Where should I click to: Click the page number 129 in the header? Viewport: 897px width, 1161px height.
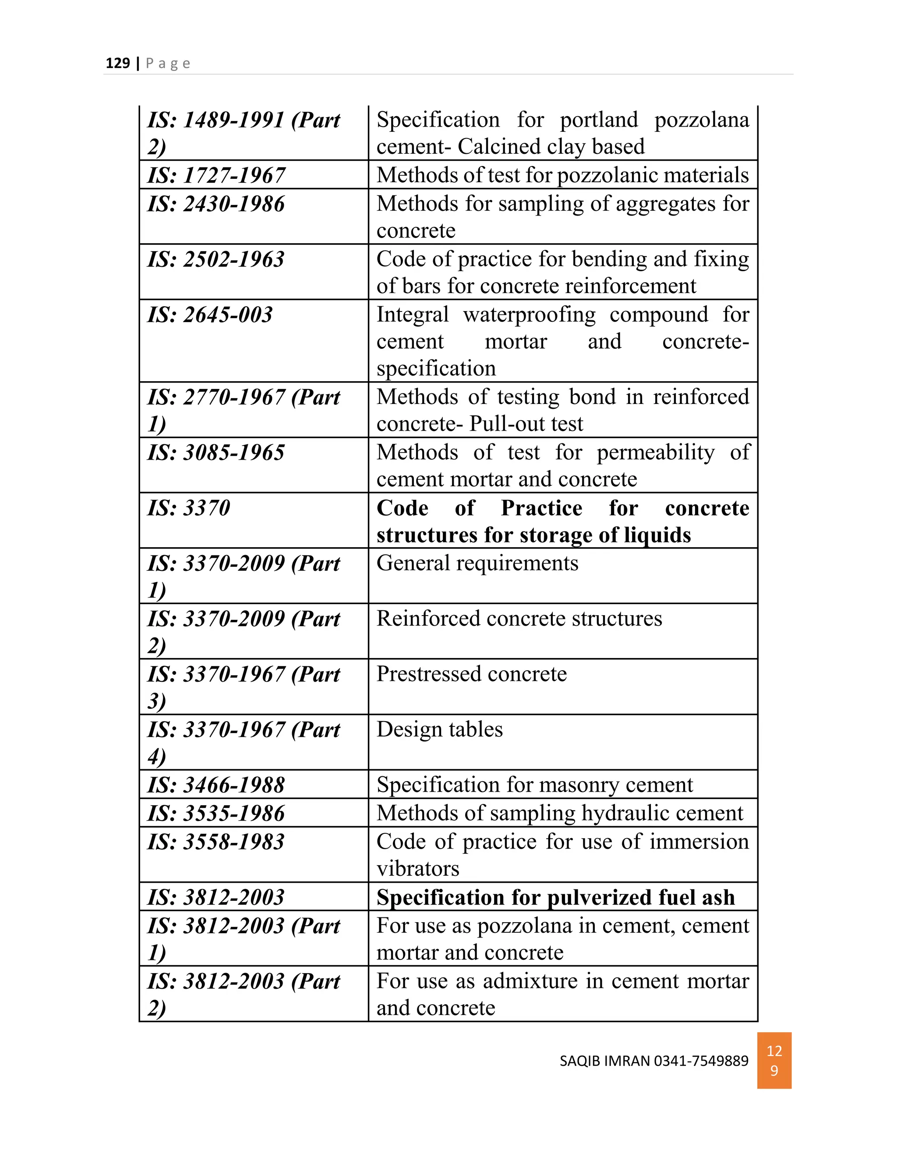click(117, 63)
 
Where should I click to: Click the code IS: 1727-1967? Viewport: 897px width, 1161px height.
click(216, 175)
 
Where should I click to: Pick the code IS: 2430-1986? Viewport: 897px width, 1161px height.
click(216, 204)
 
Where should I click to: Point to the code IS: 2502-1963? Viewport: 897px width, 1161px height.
click(216, 259)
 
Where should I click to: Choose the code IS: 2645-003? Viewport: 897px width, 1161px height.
click(210, 315)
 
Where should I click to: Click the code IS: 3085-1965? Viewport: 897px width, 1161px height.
click(216, 453)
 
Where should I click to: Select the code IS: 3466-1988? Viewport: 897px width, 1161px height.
click(216, 785)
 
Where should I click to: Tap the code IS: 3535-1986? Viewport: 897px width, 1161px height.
click(216, 813)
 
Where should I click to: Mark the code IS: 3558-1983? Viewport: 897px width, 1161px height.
click(216, 842)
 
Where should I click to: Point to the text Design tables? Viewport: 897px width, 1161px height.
click(439, 729)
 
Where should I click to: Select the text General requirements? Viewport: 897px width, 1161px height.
click(477, 563)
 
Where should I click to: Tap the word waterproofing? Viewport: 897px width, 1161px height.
click(529, 315)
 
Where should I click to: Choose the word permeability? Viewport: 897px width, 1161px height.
click(655, 453)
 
